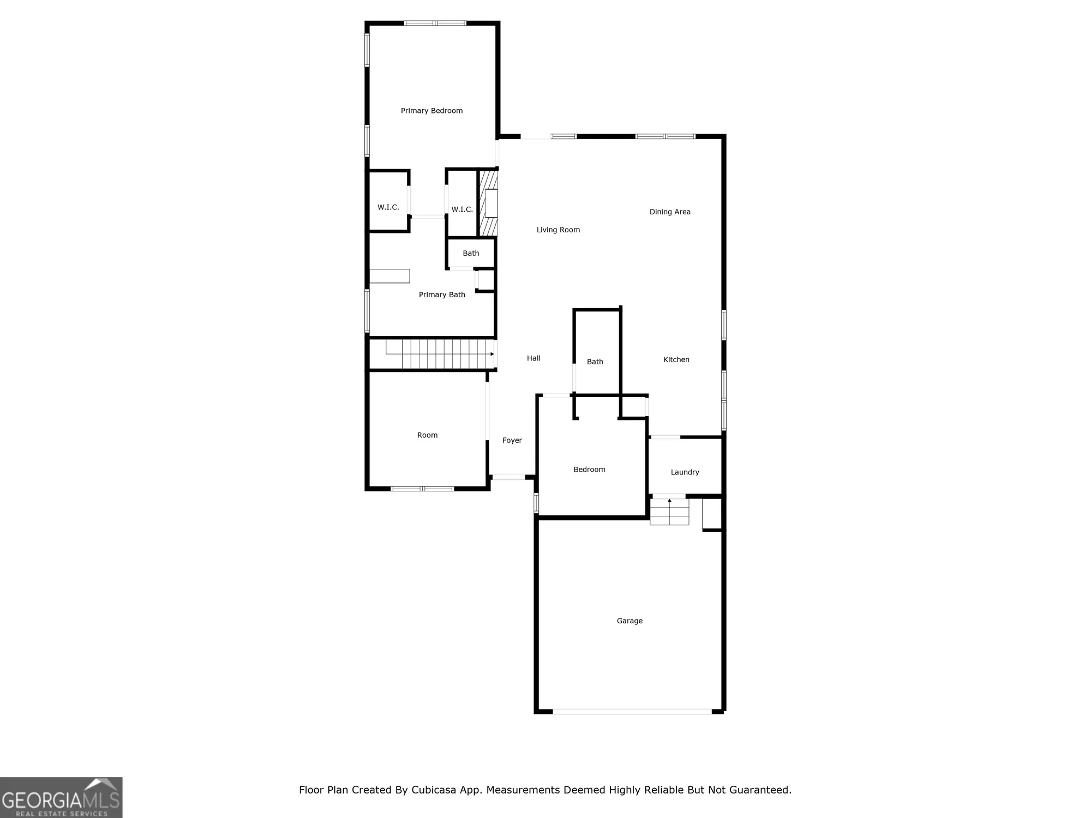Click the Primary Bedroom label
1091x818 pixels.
[x=431, y=111]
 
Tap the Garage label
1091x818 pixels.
[x=630, y=621]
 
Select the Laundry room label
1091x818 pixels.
[x=685, y=472]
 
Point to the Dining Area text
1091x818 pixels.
[x=670, y=212]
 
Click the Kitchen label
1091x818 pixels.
[x=676, y=359]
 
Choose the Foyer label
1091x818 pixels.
[x=512, y=440]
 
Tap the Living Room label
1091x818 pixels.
[x=558, y=230]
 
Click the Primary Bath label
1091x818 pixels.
[x=442, y=294]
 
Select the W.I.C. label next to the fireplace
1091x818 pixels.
[x=462, y=209]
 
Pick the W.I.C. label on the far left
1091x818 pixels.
[x=388, y=207]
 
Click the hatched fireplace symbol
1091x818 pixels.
[x=489, y=203]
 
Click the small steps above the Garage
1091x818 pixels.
[x=669, y=512]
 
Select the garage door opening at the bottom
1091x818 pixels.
[x=632, y=711]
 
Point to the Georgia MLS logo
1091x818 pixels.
[x=61, y=797]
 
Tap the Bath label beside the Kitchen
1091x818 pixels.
[x=595, y=362]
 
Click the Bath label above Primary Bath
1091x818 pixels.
[x=471, y=253]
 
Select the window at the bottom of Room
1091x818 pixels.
[x=422, y=489]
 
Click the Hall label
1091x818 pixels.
[x=533, y=358]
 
